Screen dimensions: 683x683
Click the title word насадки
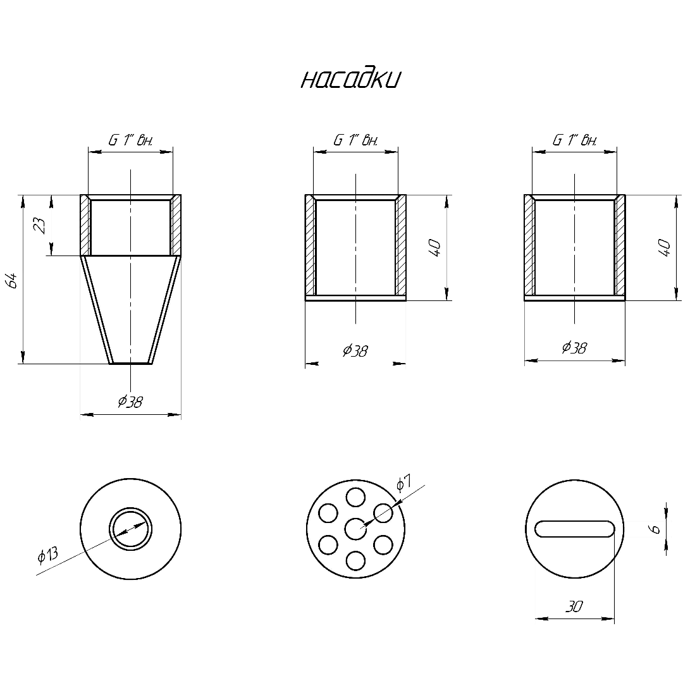350,79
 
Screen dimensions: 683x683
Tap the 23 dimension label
40,225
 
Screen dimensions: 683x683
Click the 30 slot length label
574,606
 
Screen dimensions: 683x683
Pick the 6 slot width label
655,529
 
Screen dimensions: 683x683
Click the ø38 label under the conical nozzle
130,401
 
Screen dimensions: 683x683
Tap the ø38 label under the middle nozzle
355,350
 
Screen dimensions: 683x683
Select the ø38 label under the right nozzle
574,347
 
